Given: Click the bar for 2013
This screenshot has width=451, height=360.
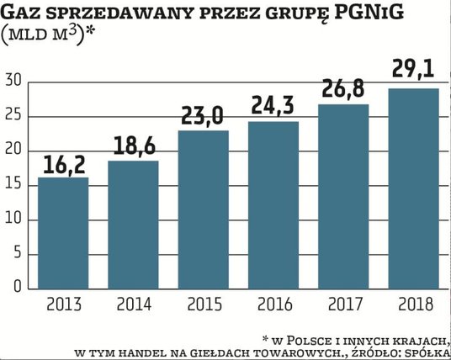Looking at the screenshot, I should point(64,233).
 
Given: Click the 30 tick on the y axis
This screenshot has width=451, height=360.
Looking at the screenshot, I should point(12,81).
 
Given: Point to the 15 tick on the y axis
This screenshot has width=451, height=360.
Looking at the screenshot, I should point(12,184).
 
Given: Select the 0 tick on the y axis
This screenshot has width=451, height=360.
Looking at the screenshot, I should point(16,287).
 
